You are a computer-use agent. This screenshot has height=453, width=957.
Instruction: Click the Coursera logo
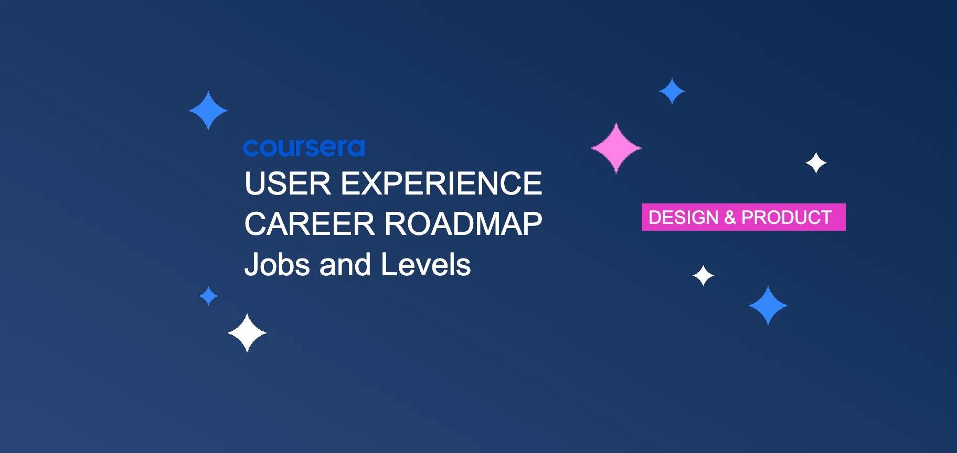[304, 148]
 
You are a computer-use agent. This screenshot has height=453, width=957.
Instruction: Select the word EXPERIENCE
[441, 184]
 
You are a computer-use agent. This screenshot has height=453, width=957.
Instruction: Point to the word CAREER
[310, 224]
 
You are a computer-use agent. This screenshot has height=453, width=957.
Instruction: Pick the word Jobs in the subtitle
[277, 265]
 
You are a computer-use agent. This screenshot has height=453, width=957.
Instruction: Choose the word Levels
[426, 265]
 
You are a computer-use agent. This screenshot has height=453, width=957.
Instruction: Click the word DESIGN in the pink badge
[683, 217]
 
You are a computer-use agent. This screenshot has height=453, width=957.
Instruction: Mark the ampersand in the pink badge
[730, 217]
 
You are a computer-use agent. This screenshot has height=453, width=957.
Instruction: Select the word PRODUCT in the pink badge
[786, 217]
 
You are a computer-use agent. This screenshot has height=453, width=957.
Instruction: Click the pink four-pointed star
[616, 148]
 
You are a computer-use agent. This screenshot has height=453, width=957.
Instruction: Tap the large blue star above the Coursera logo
[208, 111]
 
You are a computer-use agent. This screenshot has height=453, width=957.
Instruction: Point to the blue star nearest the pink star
[672, 91]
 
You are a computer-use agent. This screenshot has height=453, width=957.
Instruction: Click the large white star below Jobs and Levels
[247, 333]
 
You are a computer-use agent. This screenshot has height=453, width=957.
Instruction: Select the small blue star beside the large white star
[209, 296]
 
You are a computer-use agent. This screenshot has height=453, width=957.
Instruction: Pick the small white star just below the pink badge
[703, 275]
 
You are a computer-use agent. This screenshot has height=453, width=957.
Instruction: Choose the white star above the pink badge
[816, 163]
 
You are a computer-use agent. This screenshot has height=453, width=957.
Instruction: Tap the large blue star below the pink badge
[768, 306]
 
